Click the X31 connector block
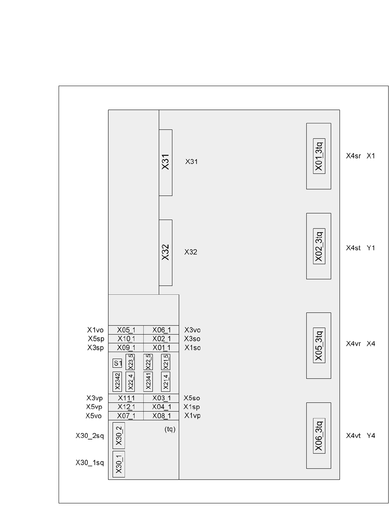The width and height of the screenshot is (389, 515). [x=166, y=162]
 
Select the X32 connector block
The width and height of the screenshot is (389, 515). [x=166, y=252]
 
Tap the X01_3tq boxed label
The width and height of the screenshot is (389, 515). [x=319, y=156]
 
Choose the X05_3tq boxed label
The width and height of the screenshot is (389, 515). [x=319, y=346]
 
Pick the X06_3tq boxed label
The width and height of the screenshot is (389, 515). [x=319, y=436]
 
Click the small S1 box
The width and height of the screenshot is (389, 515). [x=118, y=363]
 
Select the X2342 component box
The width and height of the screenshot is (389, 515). [x=117, y=382]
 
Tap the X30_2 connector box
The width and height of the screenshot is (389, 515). [x=119, y=436]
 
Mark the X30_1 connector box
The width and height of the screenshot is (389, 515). [x=119, y=464]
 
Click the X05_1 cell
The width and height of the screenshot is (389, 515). [x=126, y=330]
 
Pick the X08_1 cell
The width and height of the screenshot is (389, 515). [x=162, y=416]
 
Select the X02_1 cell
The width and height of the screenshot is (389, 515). [x=162, y=339]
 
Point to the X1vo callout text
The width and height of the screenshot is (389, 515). [x=96, y=330]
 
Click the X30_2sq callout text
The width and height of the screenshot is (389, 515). [x=90, y=436]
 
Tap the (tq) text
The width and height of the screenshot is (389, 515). [x=170, y=429]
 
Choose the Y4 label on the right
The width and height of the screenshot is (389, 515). [x=371, y=436]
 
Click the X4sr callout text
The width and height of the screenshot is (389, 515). [x=354, y=156]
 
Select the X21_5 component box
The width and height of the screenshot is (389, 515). [x=166, y=362]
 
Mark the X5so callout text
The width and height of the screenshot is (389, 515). [x=192, y=398]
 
